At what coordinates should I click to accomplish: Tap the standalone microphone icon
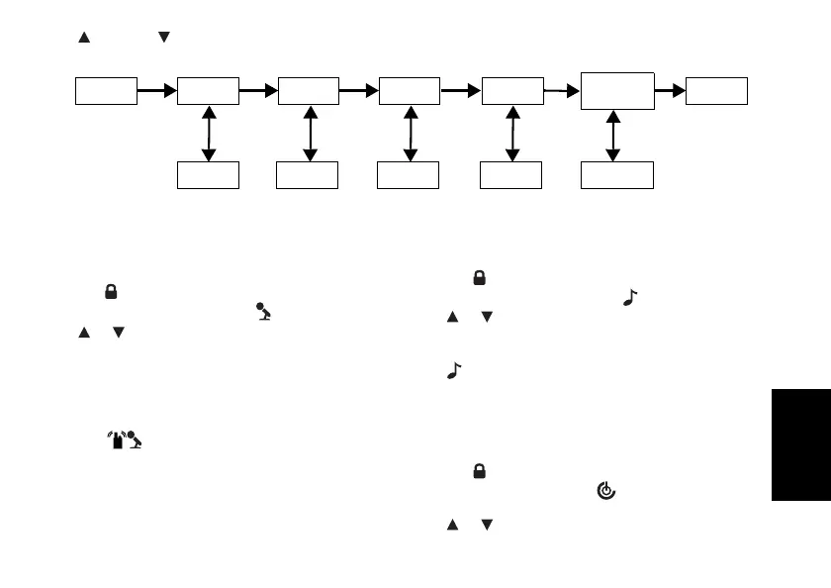click(x=263, y=312)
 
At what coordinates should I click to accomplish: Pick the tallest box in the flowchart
click(x=616, y=91)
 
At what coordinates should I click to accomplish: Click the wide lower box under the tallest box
click(x=616, y=175)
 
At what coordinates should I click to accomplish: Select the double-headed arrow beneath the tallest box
click(x=613, y=136)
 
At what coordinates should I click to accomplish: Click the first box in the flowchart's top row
click(x=107, y=90)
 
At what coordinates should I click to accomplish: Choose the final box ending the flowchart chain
click(x=716, y=90)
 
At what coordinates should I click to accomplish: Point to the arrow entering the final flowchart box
click(x=670, y=90)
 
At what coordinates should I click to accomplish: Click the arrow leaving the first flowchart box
click(x=156, y=90)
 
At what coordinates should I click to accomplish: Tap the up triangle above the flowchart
click(x=84, y=38)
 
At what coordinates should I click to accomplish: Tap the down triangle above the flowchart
click(x=164, y=38)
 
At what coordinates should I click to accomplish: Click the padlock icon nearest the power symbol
click(x=478, y=473)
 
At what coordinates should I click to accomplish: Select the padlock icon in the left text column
click(x=112, y=292)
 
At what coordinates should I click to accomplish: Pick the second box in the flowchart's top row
click(x=208, y=90)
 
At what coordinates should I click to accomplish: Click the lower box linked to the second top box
click(x=208, y=175)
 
